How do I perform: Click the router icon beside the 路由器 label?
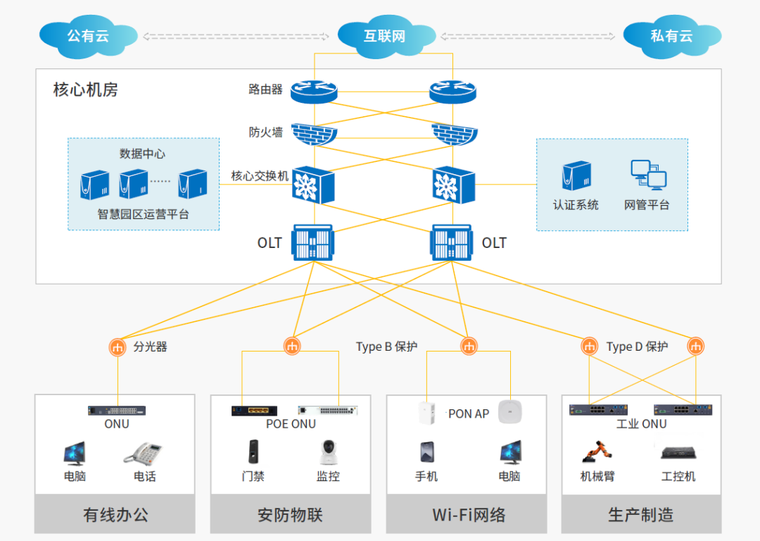click(x=315, y=90)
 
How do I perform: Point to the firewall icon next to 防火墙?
click(x=315, y=134)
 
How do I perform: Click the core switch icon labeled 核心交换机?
click(x=313, y=185)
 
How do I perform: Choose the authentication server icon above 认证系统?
click(x=576, y=176)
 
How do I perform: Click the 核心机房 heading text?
click(x=86, y=90)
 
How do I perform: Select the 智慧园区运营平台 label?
click(x=144, y=214)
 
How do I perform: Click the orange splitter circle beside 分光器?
click(x=118, y=347)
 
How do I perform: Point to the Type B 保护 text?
click(x=386, y=347)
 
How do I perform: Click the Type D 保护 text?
click(x=637, y=347)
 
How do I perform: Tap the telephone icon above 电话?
click(x=144, y=453)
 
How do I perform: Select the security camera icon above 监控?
click(x=327, y=453)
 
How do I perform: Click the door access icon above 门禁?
click(x=253, y=452)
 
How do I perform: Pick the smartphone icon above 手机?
click(x=426, y=453)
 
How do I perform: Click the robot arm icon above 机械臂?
click(x=597, y=453)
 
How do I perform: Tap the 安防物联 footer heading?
click(x=290, y=515)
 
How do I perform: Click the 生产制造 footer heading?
click(x=640, y=515)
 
